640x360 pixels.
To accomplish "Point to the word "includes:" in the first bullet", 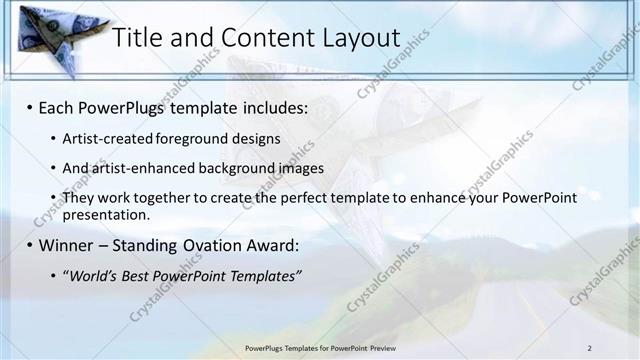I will tap(271, 107).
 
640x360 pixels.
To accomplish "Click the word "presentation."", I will tap(105, 214).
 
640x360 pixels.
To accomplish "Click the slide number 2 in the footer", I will tap(589, 347).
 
